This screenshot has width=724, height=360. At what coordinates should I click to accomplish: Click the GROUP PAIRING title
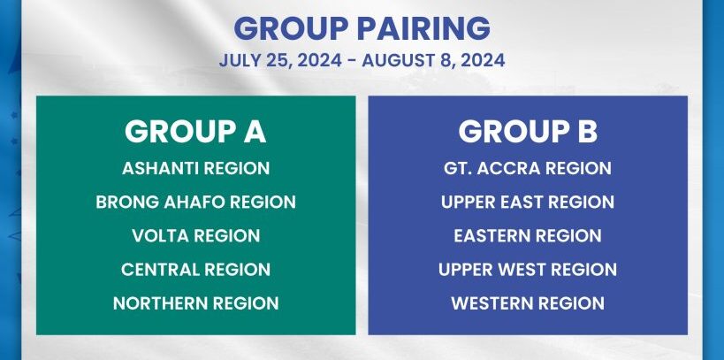[x=362, y=28]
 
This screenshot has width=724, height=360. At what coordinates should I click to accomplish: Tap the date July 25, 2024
[x=280, y=60]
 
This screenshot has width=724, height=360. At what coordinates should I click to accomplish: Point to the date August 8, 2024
[x=433, y=60]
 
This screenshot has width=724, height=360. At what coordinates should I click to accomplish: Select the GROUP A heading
[x=195, y=132]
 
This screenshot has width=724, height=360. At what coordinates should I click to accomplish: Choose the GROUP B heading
[x=528, y=132]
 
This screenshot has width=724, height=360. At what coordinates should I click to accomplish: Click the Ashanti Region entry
[x=195, y=168]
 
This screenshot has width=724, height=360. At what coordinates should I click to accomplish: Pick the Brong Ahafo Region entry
[x=195, y=202]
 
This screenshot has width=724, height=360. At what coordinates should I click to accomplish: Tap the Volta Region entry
[x=195, y=235]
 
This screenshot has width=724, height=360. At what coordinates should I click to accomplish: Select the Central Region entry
[x=195, y=270]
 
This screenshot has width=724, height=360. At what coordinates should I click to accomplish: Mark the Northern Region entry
[x=195, y=303]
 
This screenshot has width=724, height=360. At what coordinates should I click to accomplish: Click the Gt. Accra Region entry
[x=527, y=168]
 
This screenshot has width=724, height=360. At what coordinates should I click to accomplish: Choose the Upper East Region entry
[x=527, y=202]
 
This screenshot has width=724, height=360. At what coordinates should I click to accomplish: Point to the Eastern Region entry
[x=527, y=235]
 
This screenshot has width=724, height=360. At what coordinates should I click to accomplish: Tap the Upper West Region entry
[x=527, y=270]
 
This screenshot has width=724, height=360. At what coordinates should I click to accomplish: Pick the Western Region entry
[x=527, y=303]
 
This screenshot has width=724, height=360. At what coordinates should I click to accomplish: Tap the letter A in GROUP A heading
[x=255, y=132]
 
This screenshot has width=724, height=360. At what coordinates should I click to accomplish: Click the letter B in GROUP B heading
[x=587, y=132]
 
